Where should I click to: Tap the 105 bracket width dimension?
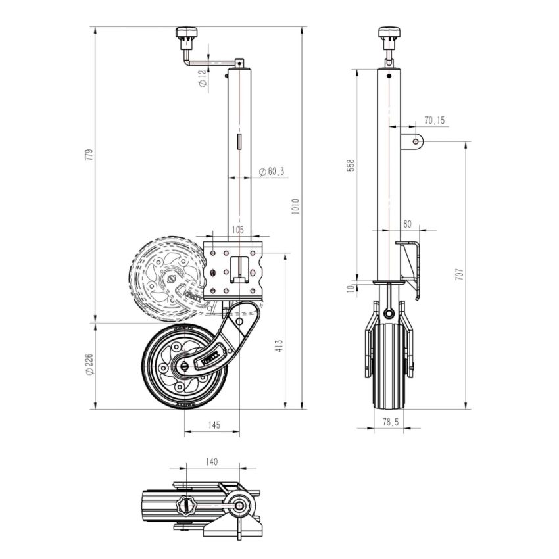(237, 230)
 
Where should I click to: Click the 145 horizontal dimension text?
(214, 425)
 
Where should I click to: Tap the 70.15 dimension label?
(435, 120)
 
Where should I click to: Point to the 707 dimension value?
(460, 274)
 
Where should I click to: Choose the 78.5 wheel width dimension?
(391, 422)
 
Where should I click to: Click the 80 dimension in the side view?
(408, 224)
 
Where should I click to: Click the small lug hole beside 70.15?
(415, 141)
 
